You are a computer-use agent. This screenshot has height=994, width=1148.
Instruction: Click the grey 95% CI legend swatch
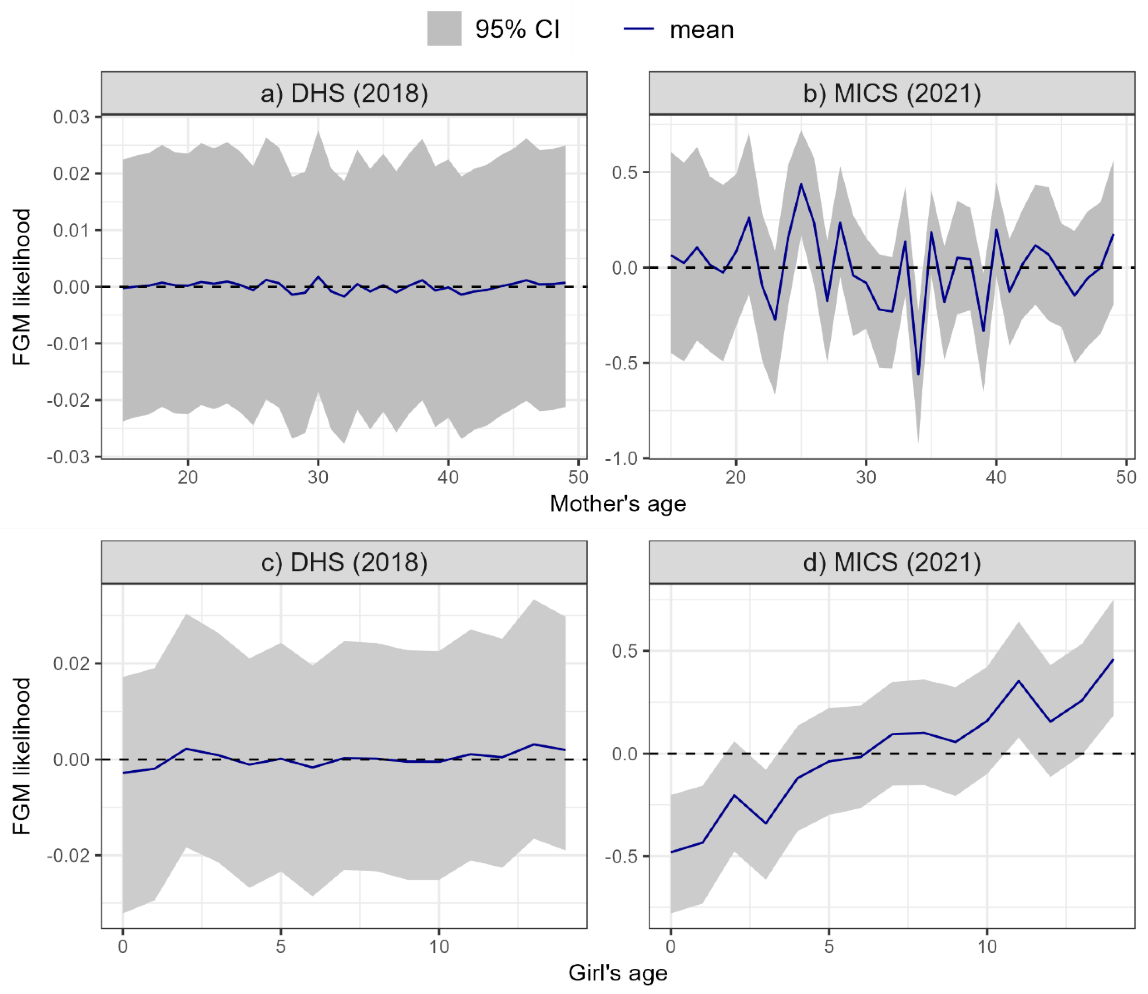click(444, 29)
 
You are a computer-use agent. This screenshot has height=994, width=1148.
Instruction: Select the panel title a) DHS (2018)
click(344, 93)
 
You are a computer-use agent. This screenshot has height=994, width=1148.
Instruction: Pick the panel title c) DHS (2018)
click(344, 562)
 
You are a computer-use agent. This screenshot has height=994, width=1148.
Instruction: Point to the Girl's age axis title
click(618, 973)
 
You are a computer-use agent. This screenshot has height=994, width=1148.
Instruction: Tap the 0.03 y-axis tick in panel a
click(71, 117)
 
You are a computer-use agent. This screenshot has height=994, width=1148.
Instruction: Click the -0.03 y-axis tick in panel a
click(68, 457)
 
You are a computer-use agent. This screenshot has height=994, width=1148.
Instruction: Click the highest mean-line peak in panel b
click(801, 184)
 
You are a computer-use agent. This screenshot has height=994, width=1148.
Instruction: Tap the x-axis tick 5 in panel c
click(281, 947)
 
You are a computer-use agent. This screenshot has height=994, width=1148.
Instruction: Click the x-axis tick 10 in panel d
click(987, 947)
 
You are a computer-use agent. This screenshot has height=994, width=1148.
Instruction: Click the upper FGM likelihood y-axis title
click(22, 287)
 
